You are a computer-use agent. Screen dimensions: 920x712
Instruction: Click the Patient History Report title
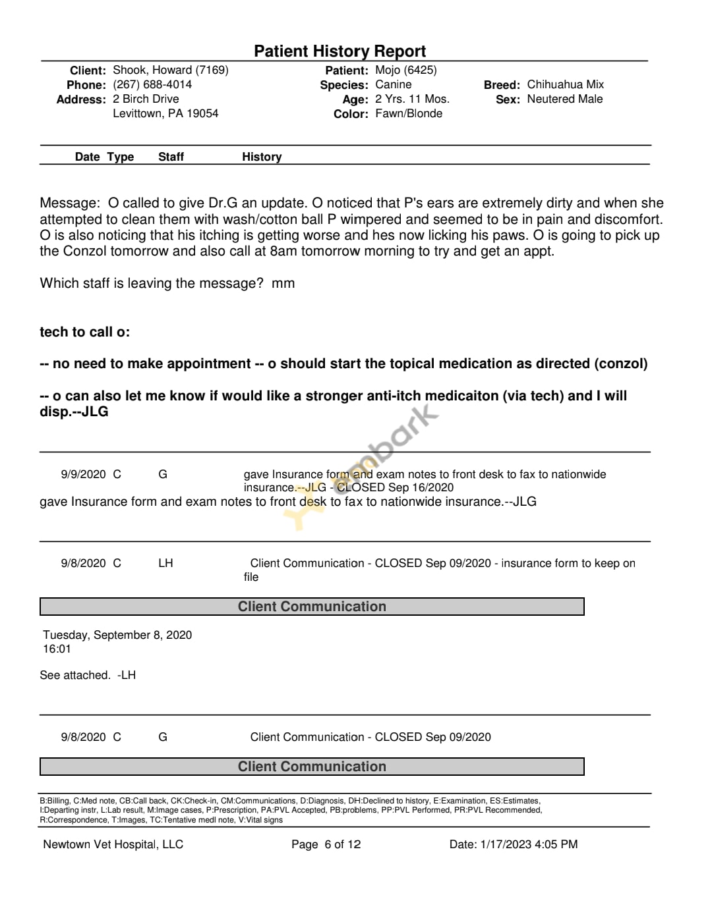(x=340, y=51)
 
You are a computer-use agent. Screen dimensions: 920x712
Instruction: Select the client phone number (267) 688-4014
(x=152, y=85)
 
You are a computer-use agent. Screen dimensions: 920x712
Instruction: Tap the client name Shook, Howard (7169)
(x=171, y=70)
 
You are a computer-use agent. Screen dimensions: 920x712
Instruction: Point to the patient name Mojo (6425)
(x=405, y=70)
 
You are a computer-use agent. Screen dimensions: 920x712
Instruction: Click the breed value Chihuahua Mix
(x=565, y=85)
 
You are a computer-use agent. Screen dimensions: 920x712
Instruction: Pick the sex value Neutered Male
(x=564, y=99)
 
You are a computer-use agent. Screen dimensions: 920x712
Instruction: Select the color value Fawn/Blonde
(x=409, y=114)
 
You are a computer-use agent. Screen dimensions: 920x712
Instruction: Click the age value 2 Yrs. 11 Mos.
(x=412, y=99)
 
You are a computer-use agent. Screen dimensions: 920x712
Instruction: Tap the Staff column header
(x=171, y=157)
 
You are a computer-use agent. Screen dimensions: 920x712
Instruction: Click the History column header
(x=262, y=157)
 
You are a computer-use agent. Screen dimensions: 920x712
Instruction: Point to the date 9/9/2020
(x=83, y=474)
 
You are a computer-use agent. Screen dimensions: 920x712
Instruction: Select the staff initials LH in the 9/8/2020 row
(x=165, y=563)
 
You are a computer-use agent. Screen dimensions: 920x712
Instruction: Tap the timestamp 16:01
(x=57, y=649)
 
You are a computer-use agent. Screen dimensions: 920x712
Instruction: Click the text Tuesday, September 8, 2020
(x=117, y=635)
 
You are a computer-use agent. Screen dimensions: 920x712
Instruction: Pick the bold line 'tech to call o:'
(x=84, y=332)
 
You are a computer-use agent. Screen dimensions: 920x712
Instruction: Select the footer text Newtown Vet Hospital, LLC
(x=113, y=844)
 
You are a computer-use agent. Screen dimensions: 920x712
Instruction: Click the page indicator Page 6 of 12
(x=326, y=844)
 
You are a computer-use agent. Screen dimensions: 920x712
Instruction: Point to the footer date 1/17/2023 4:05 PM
(x=529, y=844)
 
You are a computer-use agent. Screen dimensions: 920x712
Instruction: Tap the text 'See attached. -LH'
(x=88, y=675)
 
